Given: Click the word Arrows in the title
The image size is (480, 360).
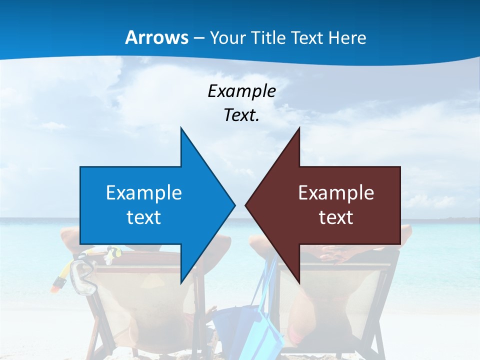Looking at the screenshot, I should (156, 37).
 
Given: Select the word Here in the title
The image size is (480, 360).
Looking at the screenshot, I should (347, 37).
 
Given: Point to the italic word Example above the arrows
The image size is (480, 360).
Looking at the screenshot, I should (241, 91).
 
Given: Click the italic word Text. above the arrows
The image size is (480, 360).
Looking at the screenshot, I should (241, 115).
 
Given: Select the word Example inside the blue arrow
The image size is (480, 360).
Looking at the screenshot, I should (144, 192).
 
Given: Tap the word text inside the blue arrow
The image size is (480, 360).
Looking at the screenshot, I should (144, 217).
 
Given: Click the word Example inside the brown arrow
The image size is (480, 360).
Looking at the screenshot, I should (336, 192).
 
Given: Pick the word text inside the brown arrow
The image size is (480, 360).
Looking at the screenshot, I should (336, 217).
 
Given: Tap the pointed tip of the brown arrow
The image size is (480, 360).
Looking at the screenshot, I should (246, 205).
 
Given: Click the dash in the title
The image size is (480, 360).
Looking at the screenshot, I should (198, 38).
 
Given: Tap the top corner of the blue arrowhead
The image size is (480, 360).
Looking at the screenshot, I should (181, 128).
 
